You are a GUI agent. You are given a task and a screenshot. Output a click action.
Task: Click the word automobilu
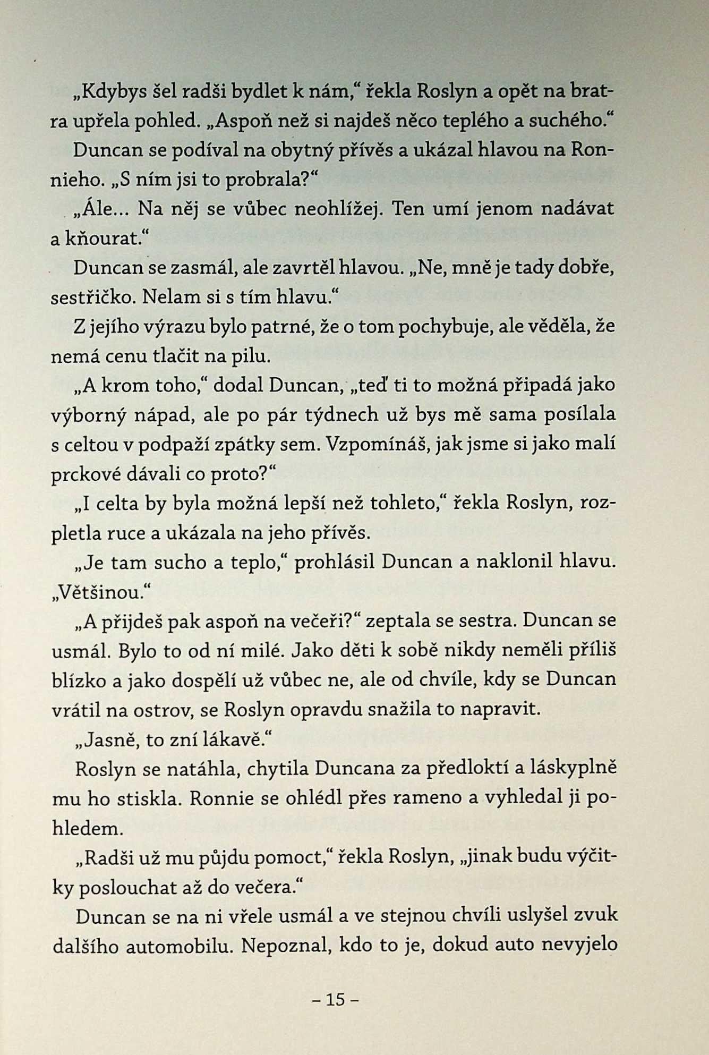click(x=179, y=946)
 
